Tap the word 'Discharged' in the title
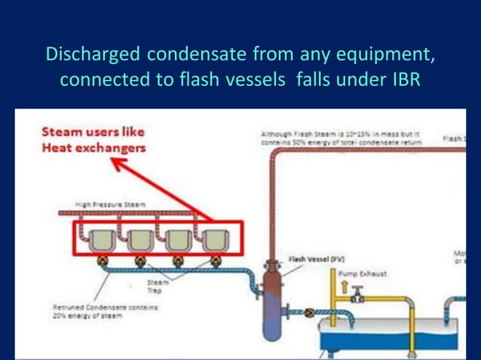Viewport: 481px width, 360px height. coord(93,56)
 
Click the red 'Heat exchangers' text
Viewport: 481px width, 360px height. coord(93,148)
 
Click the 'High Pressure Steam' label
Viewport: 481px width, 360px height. coord(111,204)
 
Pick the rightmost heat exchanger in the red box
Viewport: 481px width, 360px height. coord(215,239)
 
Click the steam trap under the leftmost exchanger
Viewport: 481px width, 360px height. coord(102,261)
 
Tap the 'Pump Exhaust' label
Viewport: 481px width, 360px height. coord(362,274)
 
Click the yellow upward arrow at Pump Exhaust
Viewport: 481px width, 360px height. coord(344,286)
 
